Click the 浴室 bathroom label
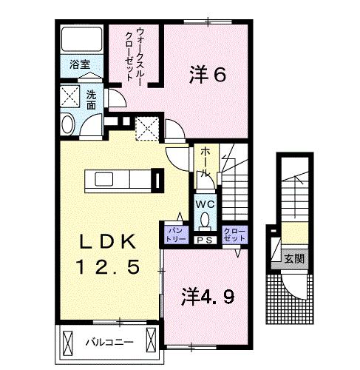[79, 64]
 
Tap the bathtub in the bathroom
[81, 39]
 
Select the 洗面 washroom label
[91, 100]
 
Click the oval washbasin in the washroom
[68, 124]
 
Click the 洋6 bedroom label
[207, 75]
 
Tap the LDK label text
[107, 241]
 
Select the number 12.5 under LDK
[108, 266]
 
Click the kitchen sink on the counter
[104, 179]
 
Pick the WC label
[205, 204]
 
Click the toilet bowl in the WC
[205, 220]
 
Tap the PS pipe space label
[205, 240]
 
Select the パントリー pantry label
[177, 235]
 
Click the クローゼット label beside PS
[234, 235]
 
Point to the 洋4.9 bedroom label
[208, 297]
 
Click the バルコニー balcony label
[109, 343]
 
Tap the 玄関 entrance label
[293, 258]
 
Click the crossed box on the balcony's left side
[68, 343]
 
